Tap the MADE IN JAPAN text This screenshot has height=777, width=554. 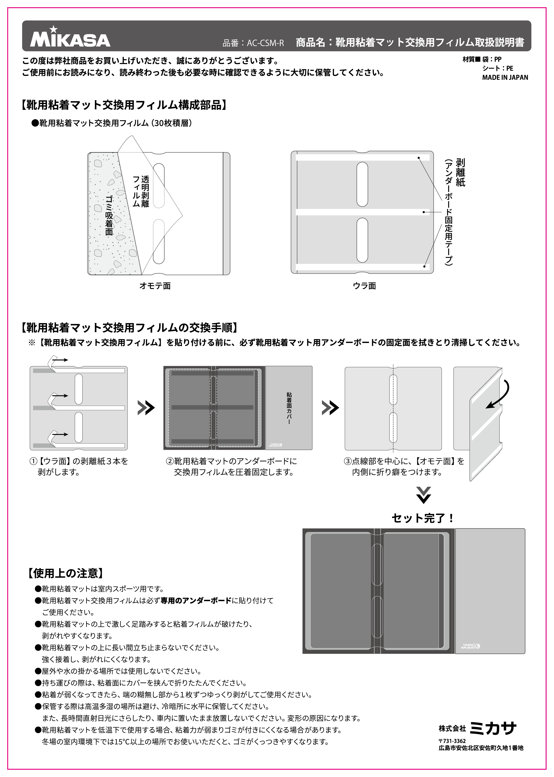[505, 78]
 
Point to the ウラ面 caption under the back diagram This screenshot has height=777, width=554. [364, 286]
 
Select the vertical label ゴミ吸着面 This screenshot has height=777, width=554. [109, 215]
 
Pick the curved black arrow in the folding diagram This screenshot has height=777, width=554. [500, 394]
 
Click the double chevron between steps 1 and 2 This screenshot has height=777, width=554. [146, 407]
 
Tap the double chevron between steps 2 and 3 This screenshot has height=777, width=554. [330, 407]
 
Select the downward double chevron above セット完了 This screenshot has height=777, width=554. [423, 495]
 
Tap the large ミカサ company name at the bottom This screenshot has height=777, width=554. [493, 728]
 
